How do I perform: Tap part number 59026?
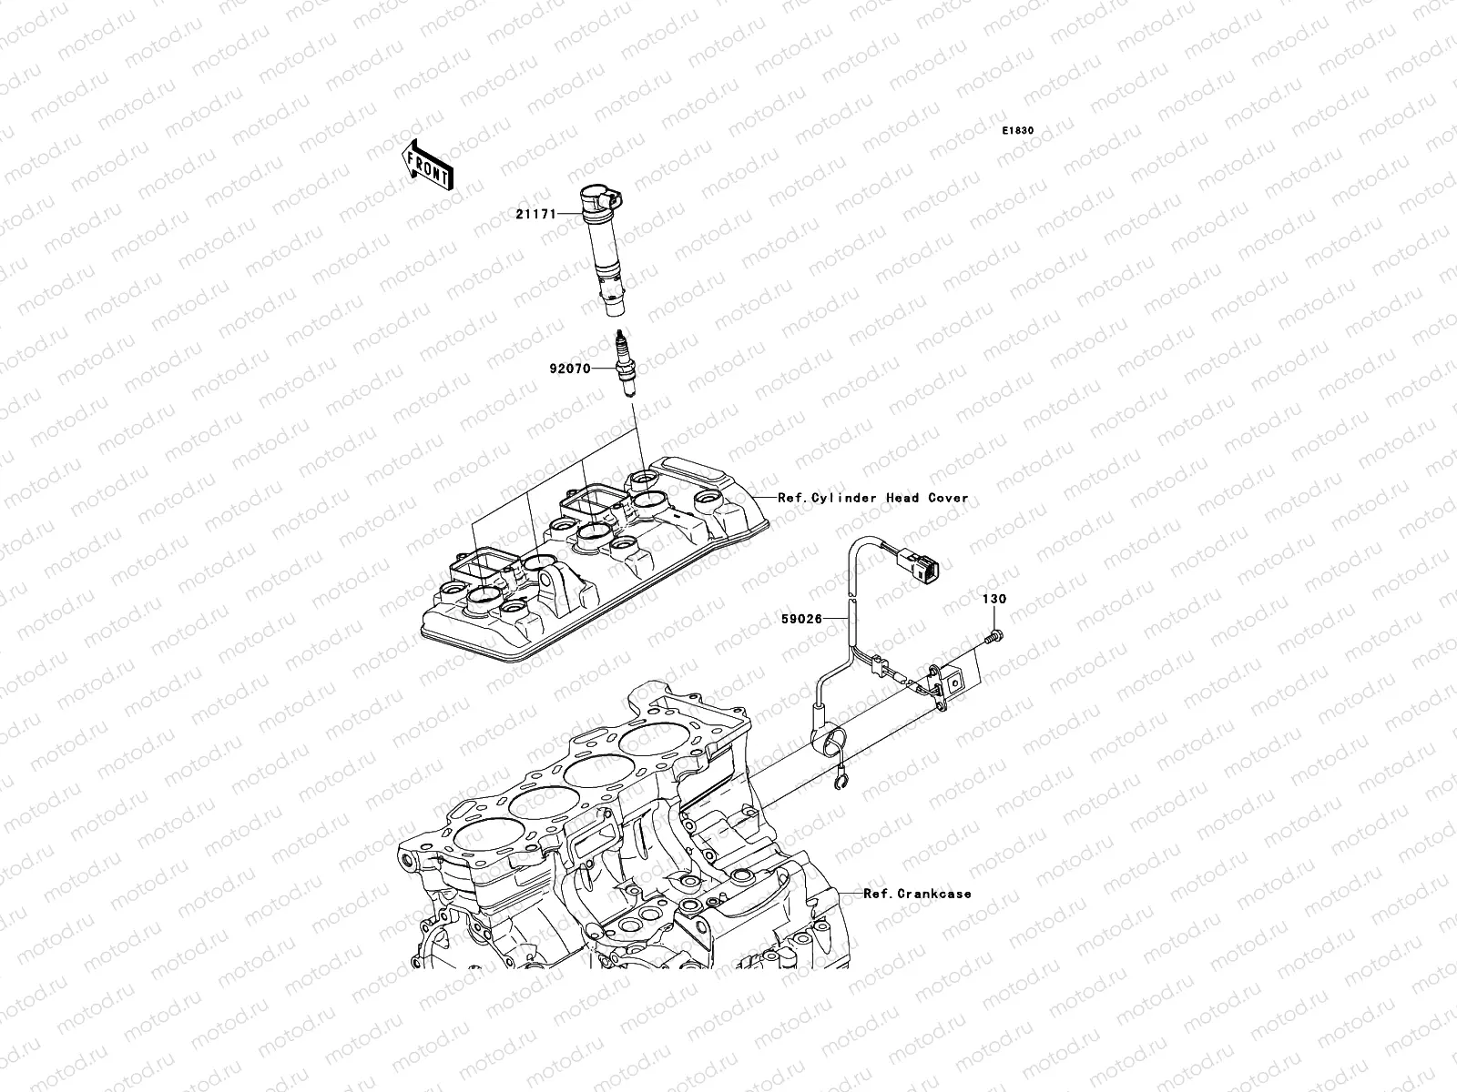(800, 619)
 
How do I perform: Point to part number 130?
(993, 600)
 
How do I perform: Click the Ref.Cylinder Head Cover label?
(873, 498)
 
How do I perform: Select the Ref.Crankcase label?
(917, 894)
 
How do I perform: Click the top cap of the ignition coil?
(598, 197)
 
